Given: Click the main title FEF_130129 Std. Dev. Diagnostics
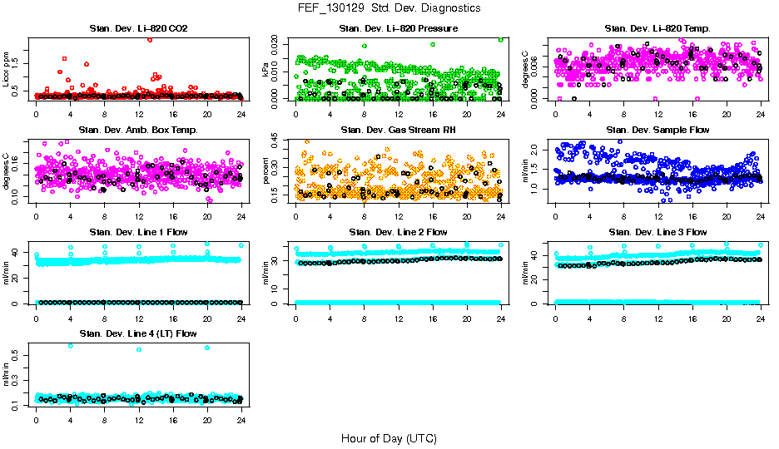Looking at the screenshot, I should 389,8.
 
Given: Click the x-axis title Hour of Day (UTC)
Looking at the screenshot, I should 389,437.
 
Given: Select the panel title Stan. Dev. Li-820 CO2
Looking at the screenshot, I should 138,28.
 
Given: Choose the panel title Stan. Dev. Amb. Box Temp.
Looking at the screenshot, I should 138,130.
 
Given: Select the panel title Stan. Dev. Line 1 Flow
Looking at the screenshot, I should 138,232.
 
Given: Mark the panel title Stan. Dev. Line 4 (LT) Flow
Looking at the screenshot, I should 138,333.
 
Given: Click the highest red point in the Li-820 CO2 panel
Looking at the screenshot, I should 150,39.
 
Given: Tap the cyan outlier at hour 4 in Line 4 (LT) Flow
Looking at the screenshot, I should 70,345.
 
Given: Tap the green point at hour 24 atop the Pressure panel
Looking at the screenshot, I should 501,39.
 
